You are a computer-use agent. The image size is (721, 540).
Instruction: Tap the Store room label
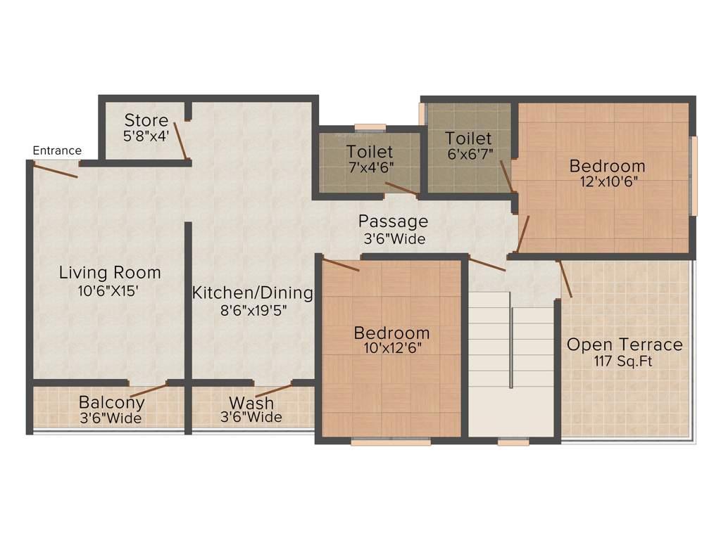tap(146, 120)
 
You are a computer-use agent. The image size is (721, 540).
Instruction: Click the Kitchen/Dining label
tap(253, 292)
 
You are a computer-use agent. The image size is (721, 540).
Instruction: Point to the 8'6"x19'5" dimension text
tap(253, 310)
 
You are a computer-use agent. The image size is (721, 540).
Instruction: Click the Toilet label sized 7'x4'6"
tap(370, 152)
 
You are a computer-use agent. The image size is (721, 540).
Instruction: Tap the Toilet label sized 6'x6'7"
tap(468, 139)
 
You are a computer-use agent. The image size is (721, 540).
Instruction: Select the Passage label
tap(393, 221)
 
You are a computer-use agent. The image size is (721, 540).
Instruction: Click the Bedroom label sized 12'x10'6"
tap(607, 167)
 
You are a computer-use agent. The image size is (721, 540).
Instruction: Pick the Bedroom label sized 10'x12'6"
tap(391, 333)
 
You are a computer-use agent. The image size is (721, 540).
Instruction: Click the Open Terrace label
tap(625, 345)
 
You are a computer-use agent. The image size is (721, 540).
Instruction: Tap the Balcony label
tap(111, 403)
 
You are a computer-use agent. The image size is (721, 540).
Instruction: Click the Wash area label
tap(251, 404)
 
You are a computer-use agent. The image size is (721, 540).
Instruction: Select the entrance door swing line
tap(55, 170)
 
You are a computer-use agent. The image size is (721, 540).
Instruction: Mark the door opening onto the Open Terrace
tap(565, 278)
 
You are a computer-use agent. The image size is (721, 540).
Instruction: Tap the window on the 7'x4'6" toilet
tap(370, 127)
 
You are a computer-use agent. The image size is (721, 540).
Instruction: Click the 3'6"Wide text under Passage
tap(394, 239)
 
